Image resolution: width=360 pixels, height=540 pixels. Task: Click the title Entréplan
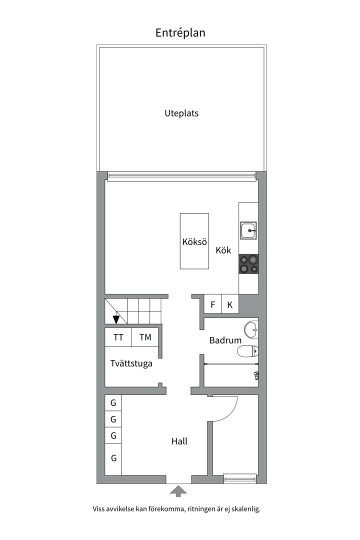[x=180, y=33]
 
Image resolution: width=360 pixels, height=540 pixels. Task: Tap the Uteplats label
[x=181, y=113]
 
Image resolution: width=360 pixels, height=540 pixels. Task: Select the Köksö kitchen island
[x=194, y=241]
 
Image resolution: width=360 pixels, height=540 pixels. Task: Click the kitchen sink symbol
[x=248, y=230]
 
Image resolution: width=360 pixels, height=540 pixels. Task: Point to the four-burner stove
[x=248, y=264]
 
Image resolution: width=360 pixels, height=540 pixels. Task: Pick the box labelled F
[x=212, y=304]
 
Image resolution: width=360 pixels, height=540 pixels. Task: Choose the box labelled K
[x=230, y=304]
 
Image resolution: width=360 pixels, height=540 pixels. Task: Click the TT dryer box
[x=118, y=337]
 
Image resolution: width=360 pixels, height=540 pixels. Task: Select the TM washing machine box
[x=145, y=337]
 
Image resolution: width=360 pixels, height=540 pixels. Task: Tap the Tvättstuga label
[x=131, y=363]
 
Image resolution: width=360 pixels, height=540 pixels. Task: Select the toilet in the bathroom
[x=248, y=351]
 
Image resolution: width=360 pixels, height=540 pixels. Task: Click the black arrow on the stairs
[x=116, y=319]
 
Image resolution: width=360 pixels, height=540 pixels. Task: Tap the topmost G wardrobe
[x=113, y=402]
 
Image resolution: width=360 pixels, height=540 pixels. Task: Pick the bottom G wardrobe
[x=113, y=457]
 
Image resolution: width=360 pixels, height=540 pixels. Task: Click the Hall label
[x=179, y=441]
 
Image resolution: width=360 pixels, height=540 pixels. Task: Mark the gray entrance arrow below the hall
[x=178, y=491]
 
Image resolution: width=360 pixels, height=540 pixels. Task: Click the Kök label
[x=223, y=250]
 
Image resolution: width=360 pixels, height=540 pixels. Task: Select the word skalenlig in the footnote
[x=244, y=509]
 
